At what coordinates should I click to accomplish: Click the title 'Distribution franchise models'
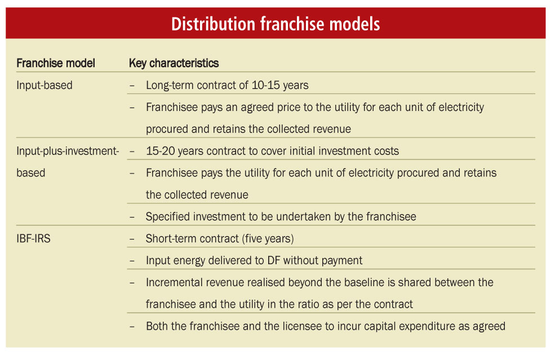[276, 24]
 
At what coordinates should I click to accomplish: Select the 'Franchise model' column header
[56, 63]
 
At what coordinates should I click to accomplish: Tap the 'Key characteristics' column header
[174, 63]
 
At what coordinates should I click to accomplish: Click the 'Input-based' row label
[45, 85]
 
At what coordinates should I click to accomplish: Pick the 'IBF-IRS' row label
[33, 238]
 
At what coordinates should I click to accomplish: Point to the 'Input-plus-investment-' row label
[68, 151]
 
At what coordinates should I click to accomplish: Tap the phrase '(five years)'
[268, 238]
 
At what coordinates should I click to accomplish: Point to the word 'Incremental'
[172, 282]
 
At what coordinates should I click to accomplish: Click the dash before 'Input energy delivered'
[132, 261]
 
